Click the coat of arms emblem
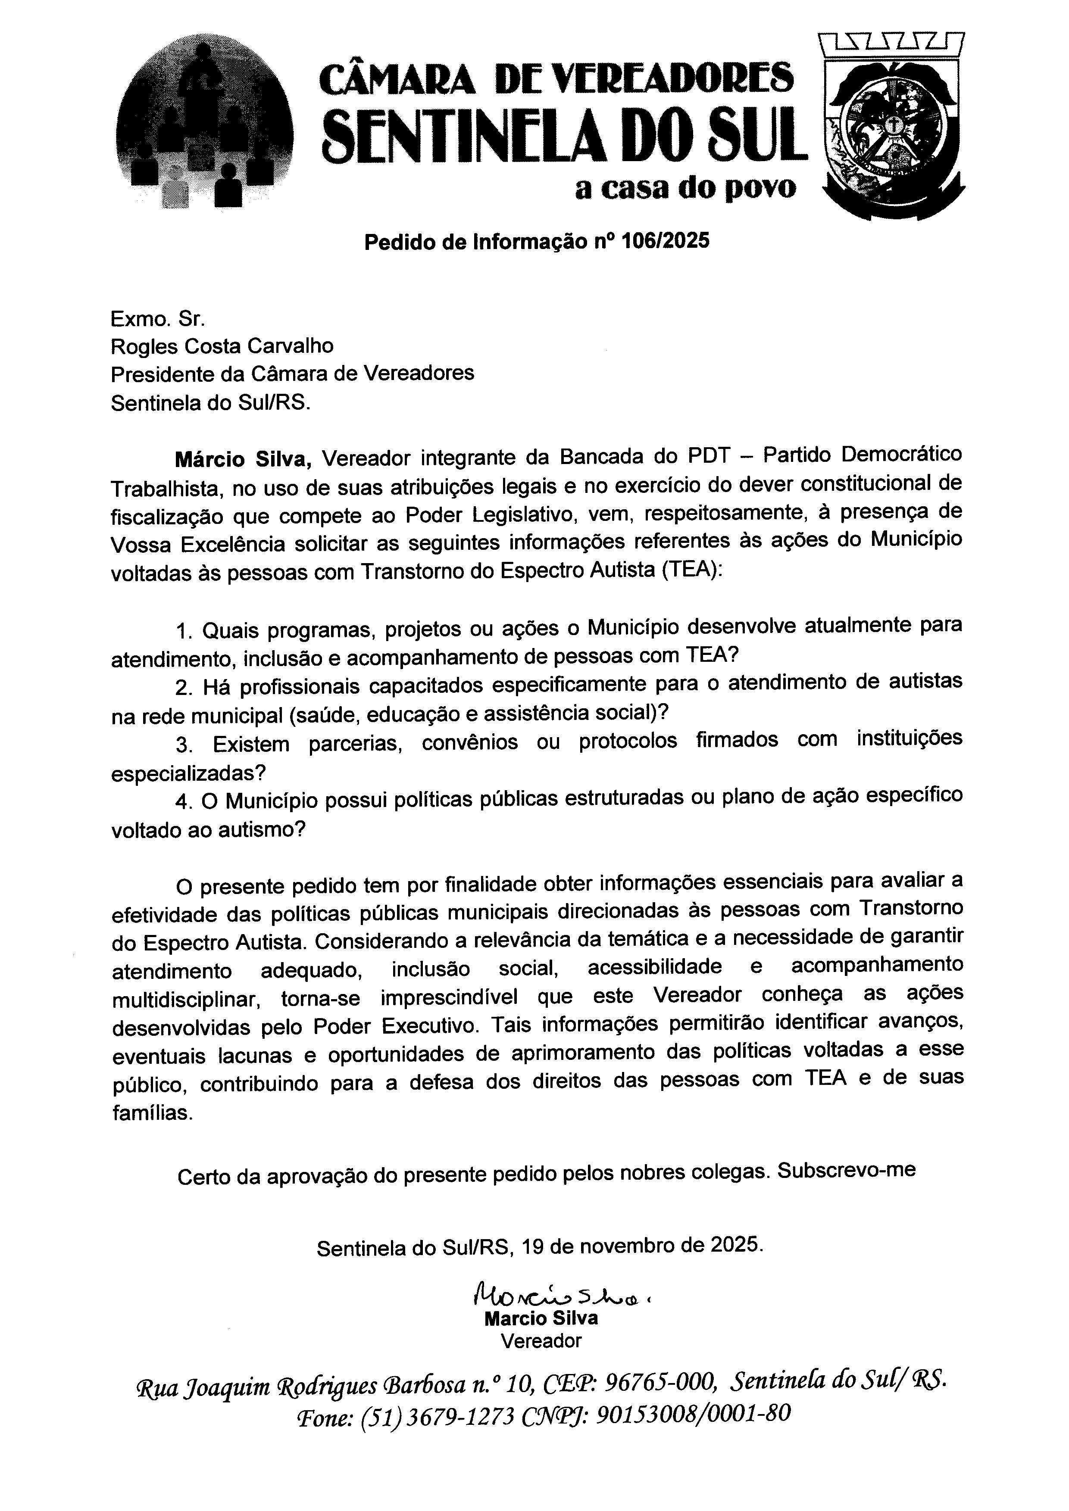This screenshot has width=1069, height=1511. pyautogui.click(x=892, y=128)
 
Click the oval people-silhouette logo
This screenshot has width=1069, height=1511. pyautogui.click(x=205, y=125)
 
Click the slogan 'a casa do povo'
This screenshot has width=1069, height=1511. pyautogui.click(x=685, y=189)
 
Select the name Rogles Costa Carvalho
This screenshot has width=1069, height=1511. pyautogui.click(x=222, y=346)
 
